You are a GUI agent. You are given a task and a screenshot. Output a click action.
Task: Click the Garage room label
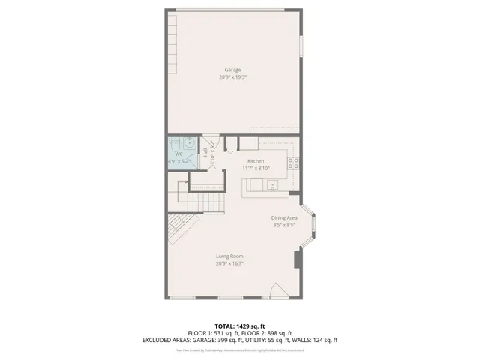232,70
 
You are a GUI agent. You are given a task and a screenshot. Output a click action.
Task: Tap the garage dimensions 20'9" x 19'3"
232,76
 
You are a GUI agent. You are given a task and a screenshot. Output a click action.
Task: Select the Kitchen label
256,161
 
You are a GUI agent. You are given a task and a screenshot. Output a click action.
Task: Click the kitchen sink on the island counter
271,184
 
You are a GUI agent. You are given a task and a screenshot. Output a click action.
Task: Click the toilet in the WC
174,144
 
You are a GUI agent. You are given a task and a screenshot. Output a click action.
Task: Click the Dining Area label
284,217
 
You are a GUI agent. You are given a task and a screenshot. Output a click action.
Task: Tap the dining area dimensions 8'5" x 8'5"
284,224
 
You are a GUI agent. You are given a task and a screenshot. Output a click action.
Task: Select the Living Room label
230,256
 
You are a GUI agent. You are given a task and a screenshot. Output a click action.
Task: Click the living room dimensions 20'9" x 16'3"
230,263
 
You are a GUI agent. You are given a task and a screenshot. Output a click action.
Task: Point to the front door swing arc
278,290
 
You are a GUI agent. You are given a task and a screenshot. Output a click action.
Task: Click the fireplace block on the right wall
297,259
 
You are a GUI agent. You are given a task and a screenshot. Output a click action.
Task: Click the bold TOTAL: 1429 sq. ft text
240,325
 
